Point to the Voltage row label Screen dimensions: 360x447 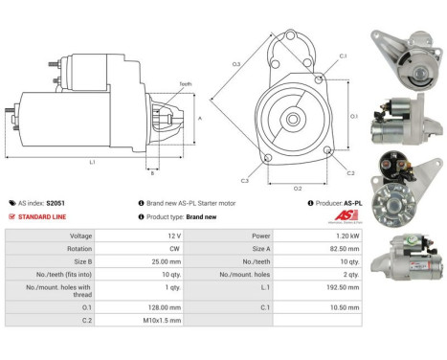[80, 235]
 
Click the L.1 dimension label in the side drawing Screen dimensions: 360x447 [92, 162]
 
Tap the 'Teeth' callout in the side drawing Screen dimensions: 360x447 [185, 84]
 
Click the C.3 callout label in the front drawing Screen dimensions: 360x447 [245, 180]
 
